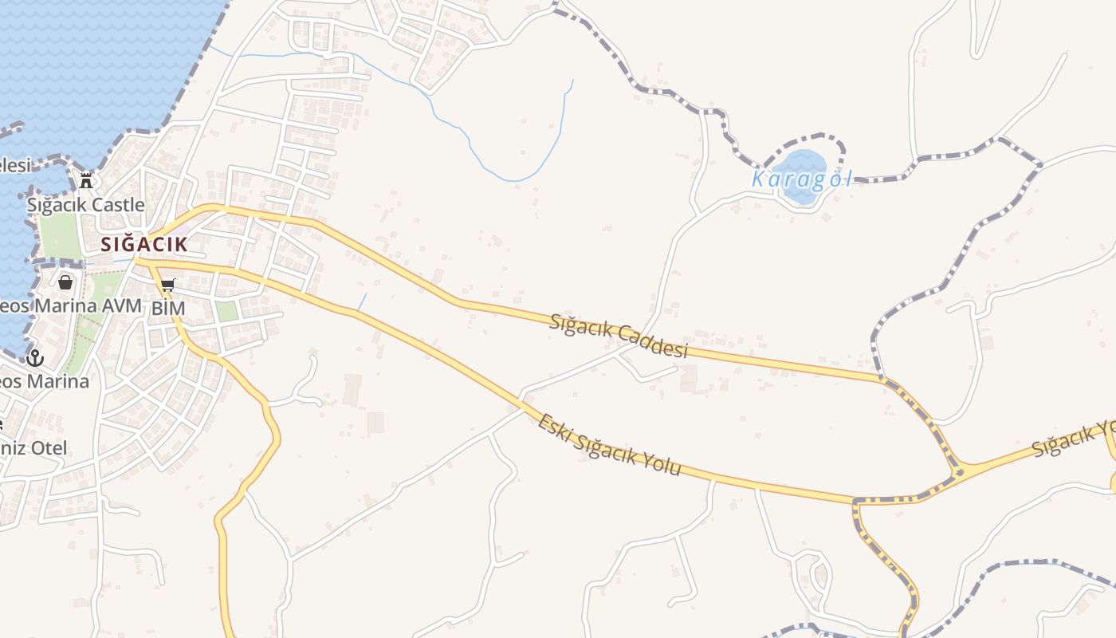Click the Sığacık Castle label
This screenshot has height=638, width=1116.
tap(86, 205)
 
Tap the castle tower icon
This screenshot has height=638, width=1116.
tap(86, 180)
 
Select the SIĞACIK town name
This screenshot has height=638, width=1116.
tap(144, 245)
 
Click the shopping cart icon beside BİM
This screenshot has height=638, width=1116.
tap(167, 285)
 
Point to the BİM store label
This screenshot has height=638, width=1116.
tap(168, 308)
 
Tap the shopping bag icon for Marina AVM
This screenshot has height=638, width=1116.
tap(65, 282)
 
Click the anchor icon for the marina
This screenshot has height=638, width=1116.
tap(33, 357)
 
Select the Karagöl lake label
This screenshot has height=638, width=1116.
tap(801, 179)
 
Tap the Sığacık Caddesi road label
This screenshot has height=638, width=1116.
tap(618, 336)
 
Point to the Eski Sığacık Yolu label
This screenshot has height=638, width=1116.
tap(609, 444)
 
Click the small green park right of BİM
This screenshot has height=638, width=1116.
tap(227, 311)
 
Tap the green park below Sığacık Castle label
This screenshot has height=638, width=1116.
tap(61, 236)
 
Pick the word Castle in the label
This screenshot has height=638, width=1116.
tap(116, 205)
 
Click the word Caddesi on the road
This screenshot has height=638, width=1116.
tap(654, 344)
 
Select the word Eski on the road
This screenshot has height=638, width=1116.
tap(555, 427)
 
